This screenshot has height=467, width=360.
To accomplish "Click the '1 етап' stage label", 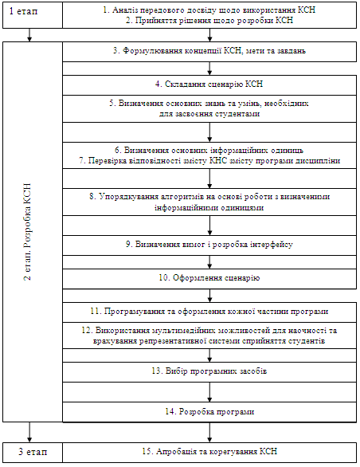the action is tap(24, 11).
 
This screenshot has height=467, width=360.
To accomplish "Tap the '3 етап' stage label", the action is tap(33, 452).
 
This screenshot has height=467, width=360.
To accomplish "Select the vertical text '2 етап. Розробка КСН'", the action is tap(27, 232).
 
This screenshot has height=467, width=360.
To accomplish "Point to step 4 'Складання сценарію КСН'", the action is tap(209, 84).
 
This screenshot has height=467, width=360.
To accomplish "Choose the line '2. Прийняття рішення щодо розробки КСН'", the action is tap(209, 20).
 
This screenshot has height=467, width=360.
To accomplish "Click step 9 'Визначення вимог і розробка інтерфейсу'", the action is tap(209, 244).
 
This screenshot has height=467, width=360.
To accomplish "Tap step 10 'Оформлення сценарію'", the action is tap(209, 278).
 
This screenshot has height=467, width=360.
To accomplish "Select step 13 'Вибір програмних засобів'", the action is tap(209, 371).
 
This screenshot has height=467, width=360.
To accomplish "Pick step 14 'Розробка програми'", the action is tap(209, 411).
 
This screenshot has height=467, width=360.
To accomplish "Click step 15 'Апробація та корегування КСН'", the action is tap(209, 451).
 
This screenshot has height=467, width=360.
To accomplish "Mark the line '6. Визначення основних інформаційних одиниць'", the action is tap(209, 150).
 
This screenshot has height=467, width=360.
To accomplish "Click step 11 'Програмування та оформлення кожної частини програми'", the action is tap(209, 312).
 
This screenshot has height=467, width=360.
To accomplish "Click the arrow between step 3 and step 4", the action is tap(209, 69).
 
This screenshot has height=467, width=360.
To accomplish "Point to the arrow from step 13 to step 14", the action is tap(209, 392).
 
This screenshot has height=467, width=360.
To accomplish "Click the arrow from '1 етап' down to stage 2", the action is tap(29, 35).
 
